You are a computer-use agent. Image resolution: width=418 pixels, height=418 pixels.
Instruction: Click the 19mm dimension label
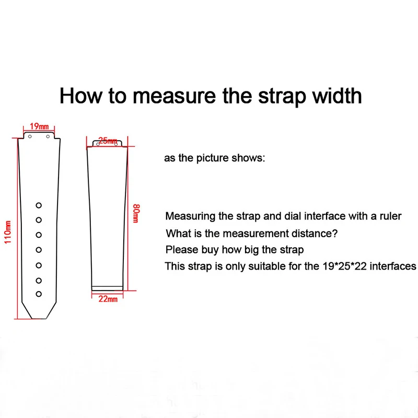click(39, 126)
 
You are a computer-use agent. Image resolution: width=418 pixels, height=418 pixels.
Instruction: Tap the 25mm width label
click(107, 140)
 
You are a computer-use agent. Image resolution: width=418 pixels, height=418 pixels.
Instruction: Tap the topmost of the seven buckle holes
click(39, 205)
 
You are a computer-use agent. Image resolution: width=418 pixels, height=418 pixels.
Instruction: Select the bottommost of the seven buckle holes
click(39, 295)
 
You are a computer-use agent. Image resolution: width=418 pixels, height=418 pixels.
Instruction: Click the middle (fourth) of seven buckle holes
click(39, 250)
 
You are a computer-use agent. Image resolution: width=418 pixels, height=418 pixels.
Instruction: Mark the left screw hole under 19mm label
click(30, 136)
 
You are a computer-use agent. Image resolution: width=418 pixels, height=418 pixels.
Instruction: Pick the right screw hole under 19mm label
click(49, 136)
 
